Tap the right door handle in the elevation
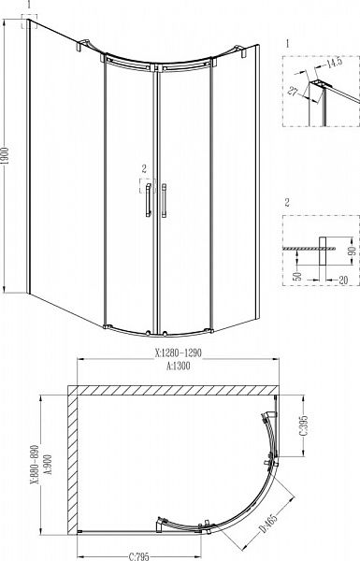(164, 201)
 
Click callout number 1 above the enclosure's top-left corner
(30, 6)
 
